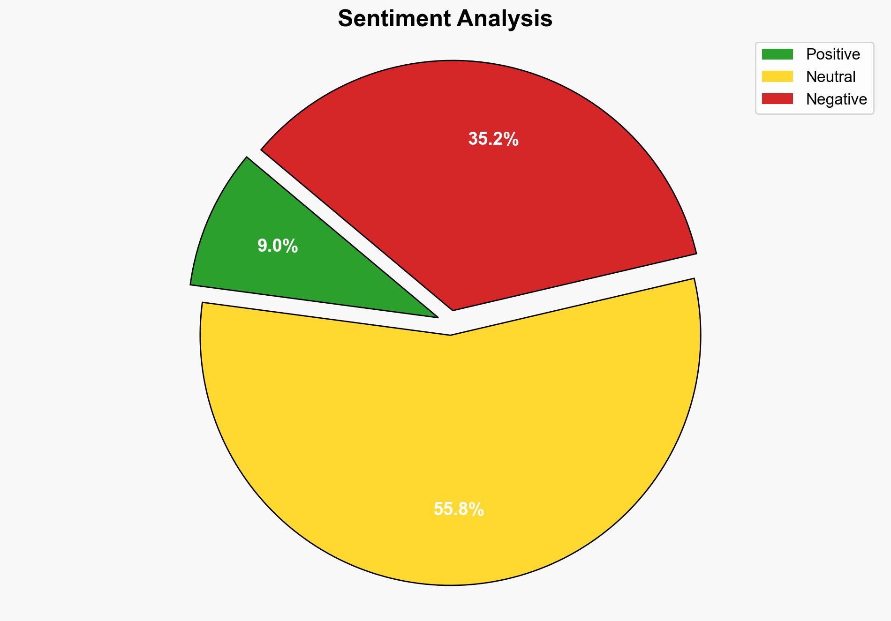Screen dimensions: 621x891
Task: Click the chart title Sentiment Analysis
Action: click(x=445, y=19)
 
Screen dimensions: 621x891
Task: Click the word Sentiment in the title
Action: click(x=394, y=19)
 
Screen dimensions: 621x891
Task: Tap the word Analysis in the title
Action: click(x=505, y=19)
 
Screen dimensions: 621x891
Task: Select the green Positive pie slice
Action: click(x=263, y=262)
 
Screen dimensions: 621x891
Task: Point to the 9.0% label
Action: click(x=278, y=246)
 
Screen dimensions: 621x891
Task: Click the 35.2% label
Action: click(x=493, y=139)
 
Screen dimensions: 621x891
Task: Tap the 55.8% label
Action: click(x=459, y=509)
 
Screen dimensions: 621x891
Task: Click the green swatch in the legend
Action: click(x=777, y=54)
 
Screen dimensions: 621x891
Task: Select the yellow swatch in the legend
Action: click(x=777, y=76)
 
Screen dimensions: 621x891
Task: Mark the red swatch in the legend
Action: click(x=777, y=99)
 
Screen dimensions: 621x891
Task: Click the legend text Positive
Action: click(x=833, y=54)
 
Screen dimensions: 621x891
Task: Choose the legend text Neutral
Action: click(x=831, y=77)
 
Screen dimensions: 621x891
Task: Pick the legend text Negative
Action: click(x=836, y=99)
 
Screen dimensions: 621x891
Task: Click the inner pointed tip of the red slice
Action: click(x=453, y=309)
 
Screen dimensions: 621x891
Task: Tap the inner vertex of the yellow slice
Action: click(x=450, y=334)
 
